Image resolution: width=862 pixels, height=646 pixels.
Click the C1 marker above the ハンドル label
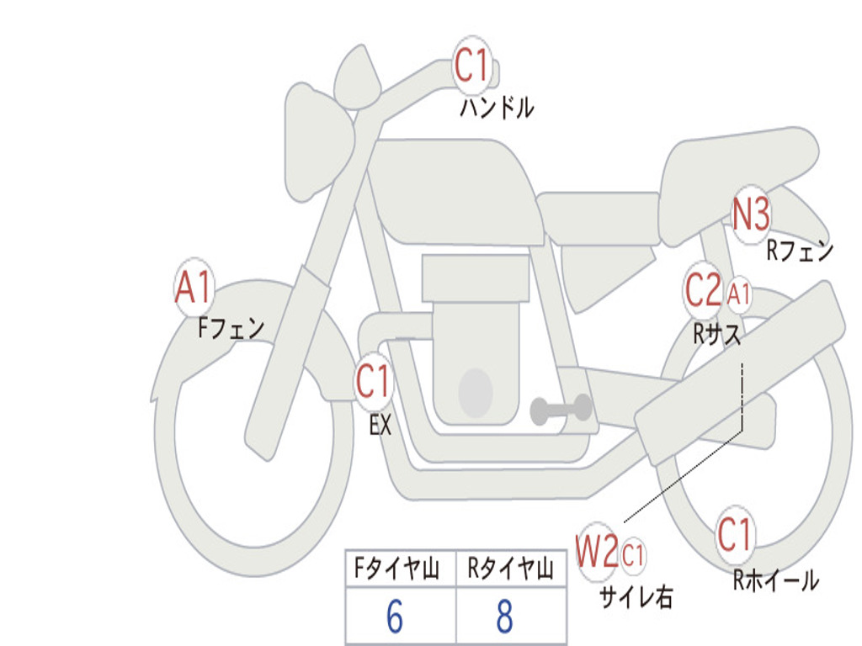(472, 65)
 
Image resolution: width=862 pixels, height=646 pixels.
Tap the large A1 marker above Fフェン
(194, 287)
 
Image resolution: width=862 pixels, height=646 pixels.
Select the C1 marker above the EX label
(374, 381)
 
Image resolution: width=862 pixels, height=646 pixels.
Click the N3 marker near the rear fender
(752, 214)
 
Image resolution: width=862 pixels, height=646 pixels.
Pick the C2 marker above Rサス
(704, 289)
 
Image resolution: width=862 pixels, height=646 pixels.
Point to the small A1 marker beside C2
(738, 294)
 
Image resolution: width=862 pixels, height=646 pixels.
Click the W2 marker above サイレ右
(597, 551)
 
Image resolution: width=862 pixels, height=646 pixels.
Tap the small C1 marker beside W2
(633, 555)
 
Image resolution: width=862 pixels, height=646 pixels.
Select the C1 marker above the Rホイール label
(735, 534)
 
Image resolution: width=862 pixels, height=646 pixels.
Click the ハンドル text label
(497, 108)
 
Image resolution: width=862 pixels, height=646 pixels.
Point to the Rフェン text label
(801, 251)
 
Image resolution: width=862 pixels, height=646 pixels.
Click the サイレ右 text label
(636, 596)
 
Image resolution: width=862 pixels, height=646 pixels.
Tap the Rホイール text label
(776, 580)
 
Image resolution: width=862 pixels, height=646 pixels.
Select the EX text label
(380, 425)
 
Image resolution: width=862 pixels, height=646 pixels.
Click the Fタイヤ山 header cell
(401, 569)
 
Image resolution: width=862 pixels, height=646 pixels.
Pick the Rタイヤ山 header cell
(511, 569)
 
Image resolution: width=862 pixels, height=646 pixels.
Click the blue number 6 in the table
(395, 616)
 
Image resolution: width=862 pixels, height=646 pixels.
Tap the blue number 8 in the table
(505, 616)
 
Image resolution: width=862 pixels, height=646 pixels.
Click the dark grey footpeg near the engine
(561, 410)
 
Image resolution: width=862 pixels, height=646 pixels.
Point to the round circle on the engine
(476, 393)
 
